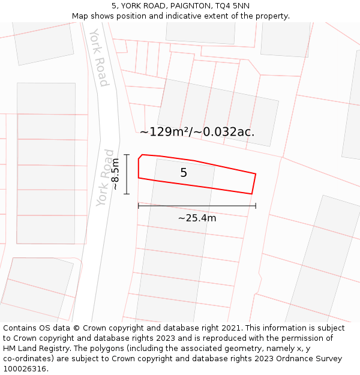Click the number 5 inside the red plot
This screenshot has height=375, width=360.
click(x=184, y=173)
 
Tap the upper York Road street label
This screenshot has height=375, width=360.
click(x=99, y=57)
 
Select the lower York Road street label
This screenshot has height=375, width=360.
click(x=106, y=178)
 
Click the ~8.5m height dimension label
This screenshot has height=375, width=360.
click(x=115, y=174)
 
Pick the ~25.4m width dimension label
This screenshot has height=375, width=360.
click(x=197, y=218)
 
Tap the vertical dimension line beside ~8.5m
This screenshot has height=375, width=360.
click(x=127, y=174)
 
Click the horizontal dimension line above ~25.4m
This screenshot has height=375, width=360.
click(x=197, y=206)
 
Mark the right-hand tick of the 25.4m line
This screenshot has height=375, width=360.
click(x=256, y=206)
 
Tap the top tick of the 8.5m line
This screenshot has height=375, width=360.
click(x=127, y=155)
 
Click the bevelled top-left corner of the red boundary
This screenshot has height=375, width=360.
click(x=140, y=157)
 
